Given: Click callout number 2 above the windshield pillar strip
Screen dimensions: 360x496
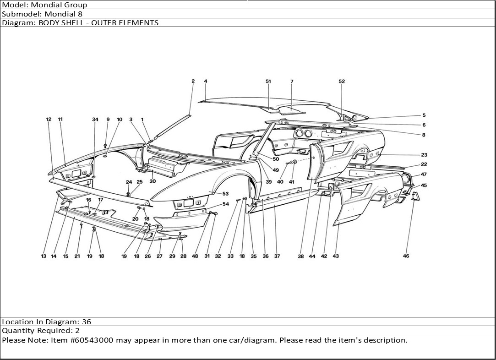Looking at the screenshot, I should click(x=193, y=82).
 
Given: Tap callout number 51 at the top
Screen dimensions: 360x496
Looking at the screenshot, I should click(x=268, y=82).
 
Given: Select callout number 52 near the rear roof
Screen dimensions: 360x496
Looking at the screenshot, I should click(x=342, y=82).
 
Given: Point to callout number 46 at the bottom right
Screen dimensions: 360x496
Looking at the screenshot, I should click(x=406, y=256).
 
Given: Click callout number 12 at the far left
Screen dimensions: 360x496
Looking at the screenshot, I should click(x=49, y=120).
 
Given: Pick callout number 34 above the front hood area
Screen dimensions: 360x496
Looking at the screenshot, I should click(x=95, y=120).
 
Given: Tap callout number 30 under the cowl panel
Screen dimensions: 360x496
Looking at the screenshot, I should click(x=153, y=181).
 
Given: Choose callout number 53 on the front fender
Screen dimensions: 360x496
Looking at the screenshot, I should click(x=226, y=194).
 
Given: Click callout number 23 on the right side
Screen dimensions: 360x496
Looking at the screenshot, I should click(x=424, y=155).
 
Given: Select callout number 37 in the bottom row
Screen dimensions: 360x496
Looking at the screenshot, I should click(x=277, y=256).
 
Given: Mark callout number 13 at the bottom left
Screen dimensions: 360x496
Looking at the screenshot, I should click(x=44, y=256).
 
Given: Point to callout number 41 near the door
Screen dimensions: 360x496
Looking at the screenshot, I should click(x=291, y=182).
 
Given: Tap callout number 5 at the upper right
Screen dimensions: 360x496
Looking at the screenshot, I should click(x=424, y=116).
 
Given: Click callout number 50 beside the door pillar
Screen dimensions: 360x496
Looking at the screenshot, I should click(x=276, y=159).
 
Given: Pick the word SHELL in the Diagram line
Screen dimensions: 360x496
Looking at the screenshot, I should click(x=69, y=22).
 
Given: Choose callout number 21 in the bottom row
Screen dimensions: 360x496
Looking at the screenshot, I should click(x=77, y=256).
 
